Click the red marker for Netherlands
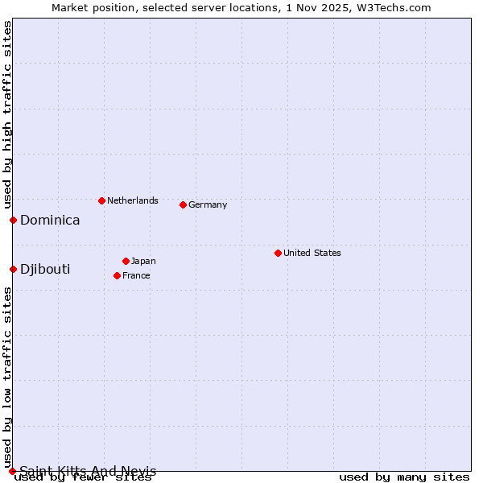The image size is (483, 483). [101, 200]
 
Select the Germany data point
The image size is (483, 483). [183, 204]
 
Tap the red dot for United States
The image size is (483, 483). [278, 253]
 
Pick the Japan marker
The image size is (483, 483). [126, 261]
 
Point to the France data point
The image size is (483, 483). [117, 275]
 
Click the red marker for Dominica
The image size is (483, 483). [13, 220]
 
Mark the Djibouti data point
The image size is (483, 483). [13, 269]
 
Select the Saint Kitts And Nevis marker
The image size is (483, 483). [13, 471]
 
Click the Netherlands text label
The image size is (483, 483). [133, 200]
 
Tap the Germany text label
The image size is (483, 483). [208, 204]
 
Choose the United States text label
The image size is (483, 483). [312, 253]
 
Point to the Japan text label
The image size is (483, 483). [143, 261]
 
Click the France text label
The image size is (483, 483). [136, 275]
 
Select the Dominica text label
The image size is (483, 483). [50, 220]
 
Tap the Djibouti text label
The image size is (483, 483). [45, 269]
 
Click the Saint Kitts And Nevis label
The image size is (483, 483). [88, 471]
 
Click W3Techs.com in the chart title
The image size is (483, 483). [399, 7]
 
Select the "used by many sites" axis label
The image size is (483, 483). [404, 477]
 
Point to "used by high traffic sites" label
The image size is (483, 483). [7, 114]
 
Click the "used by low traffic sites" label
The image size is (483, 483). [7, 378]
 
